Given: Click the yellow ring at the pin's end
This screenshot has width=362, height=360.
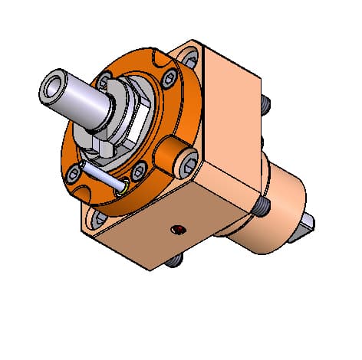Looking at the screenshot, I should click(x=122, y=185).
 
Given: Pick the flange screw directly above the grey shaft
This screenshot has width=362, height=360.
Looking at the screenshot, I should click(x=102, y=77).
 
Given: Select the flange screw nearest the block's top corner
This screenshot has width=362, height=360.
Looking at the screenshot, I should click(x=167, y=75).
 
